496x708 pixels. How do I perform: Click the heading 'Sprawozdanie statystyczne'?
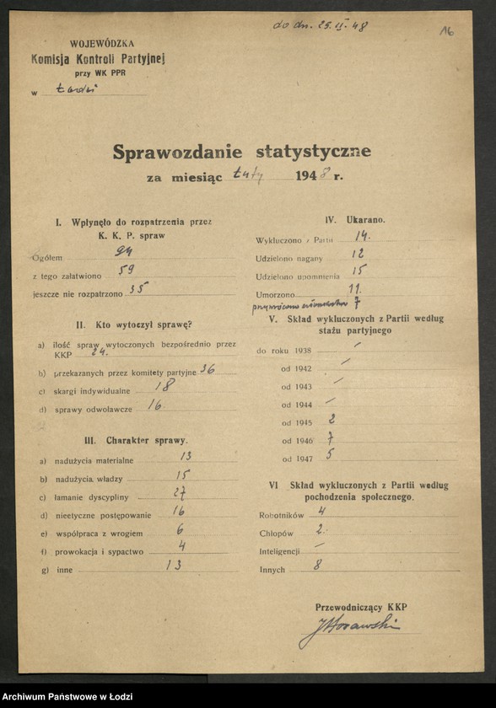point(241,153)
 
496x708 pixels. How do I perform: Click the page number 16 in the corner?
point(446,31)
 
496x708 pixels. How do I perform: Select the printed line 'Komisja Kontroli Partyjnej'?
point(98,59)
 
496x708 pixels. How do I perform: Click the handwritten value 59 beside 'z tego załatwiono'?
point(127,270)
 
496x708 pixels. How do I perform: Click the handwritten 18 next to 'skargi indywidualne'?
point(165,385)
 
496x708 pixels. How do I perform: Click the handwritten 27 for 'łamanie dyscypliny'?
point(179,494)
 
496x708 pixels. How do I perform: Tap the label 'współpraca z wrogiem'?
point(94,534)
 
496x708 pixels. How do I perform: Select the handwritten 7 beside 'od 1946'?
point(332,438)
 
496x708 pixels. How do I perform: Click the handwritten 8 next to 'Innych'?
point(317,566)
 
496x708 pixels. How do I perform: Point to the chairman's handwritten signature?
point(348,627)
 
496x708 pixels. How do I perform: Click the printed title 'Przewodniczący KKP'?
point(361,607)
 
